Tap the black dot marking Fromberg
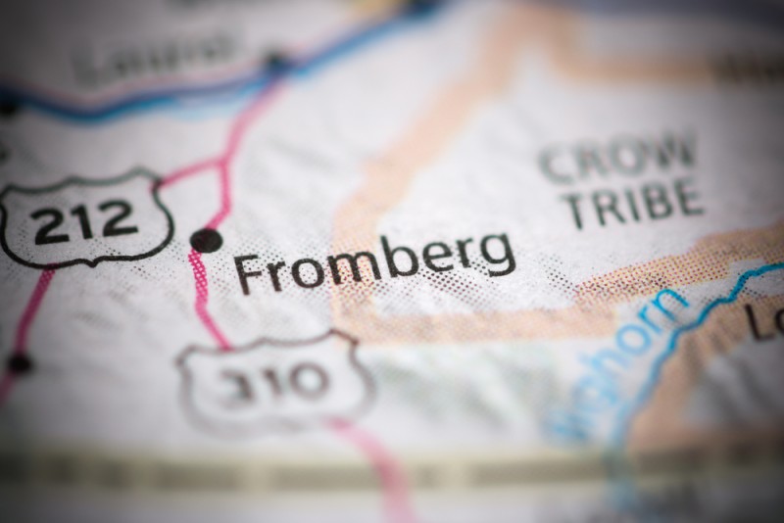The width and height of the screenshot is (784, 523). click(205, 239)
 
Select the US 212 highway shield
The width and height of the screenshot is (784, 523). click(85, 220)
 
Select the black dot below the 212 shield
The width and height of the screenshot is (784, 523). click(19, 363)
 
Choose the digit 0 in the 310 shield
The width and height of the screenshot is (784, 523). click(310, 380)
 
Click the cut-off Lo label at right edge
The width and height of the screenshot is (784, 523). click(765, 321)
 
